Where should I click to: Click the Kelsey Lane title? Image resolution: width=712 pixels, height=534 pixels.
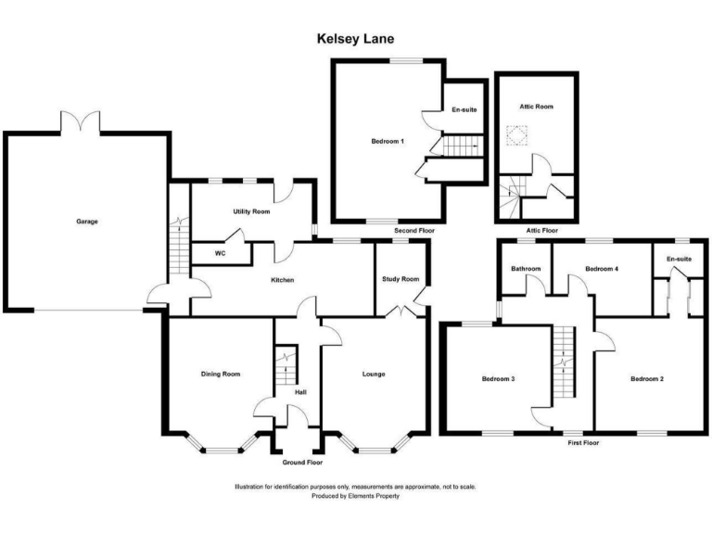(356, 39)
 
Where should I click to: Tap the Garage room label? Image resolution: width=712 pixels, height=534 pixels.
(87, 222)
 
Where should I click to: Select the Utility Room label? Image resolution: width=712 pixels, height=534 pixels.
(251, 212)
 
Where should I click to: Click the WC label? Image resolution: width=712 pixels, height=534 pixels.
(220, 253)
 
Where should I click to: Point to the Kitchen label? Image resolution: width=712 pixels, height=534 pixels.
(283, 279)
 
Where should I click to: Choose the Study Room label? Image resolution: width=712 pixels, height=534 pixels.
(400, 279)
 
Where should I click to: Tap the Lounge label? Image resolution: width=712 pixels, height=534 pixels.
(374, 374)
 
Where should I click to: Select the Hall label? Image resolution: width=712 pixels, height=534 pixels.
(300, 392)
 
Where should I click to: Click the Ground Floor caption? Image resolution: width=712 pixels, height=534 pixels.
(302, 462)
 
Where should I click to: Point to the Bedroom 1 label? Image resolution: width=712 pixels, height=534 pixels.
(388, 141)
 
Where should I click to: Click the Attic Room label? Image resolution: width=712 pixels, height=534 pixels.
(536, 107)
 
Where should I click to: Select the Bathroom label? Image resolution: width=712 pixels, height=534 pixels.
(526, 269)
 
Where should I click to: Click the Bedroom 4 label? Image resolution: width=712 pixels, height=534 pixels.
(602, 269)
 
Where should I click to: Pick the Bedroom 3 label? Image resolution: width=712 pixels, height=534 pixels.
(499, 378)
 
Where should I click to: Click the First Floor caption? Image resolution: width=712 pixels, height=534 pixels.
(583, 443)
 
